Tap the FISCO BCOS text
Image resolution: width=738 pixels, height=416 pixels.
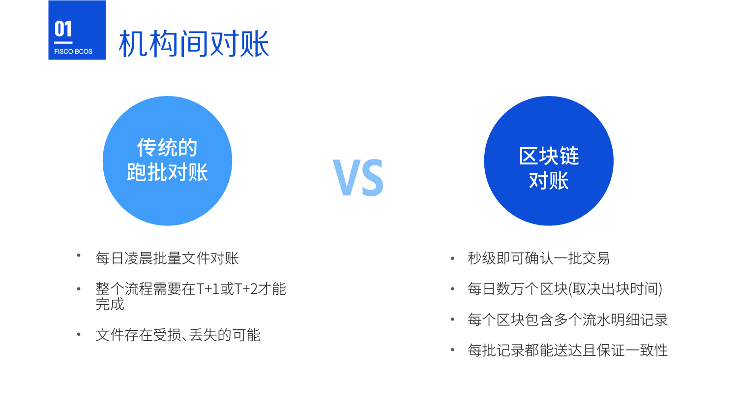coord(73,52)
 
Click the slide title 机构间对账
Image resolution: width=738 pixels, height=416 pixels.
coord(194,43)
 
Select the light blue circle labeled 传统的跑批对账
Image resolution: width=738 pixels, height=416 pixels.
coord(167,160)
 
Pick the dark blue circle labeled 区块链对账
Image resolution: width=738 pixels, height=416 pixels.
coord(549,160)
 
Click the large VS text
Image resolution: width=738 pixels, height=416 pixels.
coord(358,178)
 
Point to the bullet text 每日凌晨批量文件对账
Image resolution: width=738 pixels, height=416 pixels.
coord(167,258)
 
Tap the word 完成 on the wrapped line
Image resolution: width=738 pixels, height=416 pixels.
coord(110,304)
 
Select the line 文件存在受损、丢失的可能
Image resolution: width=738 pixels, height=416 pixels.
coord(178,335)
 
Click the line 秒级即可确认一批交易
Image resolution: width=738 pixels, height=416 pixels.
coord(539,258)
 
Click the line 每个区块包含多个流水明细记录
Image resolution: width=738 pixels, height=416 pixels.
coord(568,320)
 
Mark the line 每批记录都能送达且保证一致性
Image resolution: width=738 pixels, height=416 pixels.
coord(568,350)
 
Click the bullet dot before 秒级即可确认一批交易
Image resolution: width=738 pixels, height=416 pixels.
coord(453,258)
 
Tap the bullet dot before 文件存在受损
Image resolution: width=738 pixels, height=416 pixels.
coord(79,334)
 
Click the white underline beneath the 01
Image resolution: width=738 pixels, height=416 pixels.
coord(63,42)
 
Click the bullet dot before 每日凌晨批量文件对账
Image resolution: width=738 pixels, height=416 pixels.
coord(79,255)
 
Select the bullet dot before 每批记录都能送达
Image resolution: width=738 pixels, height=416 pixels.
coord(453,350)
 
